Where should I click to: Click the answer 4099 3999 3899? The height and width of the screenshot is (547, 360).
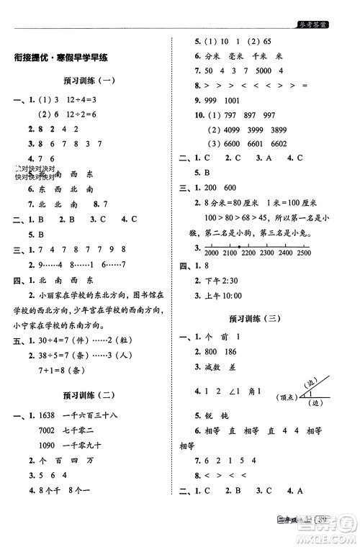click(x=247, y=130)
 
